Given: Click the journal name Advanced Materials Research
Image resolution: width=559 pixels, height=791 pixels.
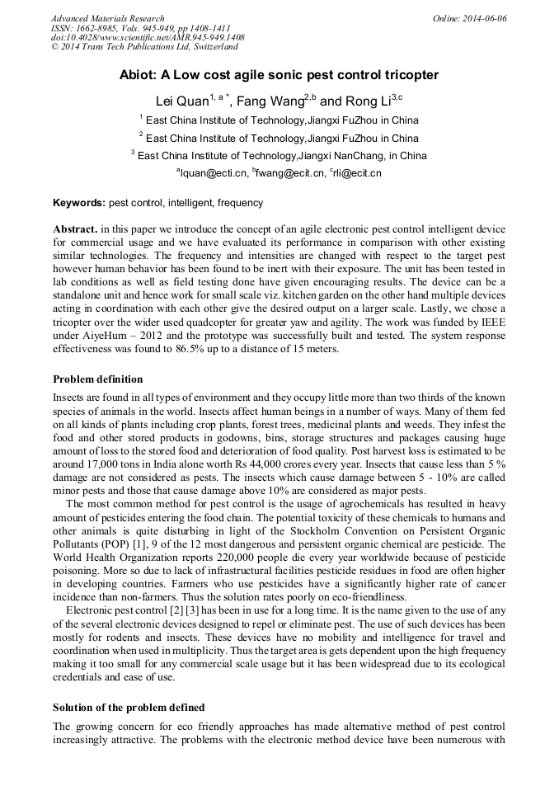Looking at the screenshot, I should pos(107,18).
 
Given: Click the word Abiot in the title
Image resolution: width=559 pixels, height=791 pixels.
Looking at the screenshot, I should pos(139,75).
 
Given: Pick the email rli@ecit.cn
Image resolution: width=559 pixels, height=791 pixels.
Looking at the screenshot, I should pos(357,173).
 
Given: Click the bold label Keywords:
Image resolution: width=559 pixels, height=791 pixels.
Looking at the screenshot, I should pos(79,203).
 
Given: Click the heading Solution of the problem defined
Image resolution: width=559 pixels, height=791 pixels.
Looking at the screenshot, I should pos(129,708).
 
